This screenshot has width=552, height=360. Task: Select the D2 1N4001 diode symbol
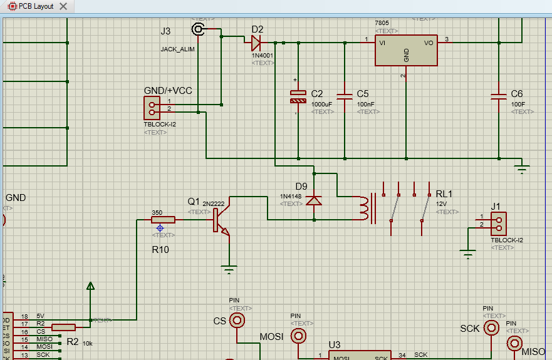256,43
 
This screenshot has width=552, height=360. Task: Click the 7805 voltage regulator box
406,50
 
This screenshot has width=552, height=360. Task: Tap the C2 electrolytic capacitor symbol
298,97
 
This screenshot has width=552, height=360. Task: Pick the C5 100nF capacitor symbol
345,97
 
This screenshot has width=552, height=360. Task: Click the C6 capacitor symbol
499,97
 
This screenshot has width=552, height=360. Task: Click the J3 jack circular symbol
199,29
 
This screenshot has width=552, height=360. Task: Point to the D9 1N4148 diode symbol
315,200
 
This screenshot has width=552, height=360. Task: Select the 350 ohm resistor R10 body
163,220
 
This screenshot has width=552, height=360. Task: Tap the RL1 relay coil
364,208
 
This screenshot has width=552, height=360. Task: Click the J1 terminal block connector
498,222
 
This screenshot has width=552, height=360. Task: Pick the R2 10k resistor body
63,327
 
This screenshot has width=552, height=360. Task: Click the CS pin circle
237,321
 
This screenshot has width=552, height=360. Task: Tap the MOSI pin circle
299,336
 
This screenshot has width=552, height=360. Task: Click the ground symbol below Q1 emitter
230,270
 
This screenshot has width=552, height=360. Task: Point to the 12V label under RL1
441,203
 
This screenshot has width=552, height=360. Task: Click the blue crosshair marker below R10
160,229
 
